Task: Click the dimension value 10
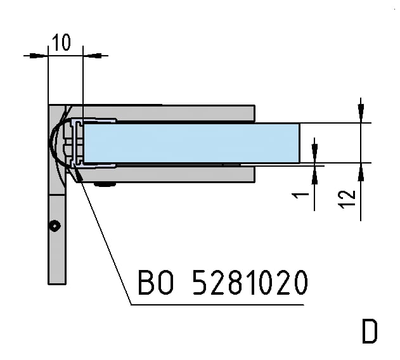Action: coord(61,42)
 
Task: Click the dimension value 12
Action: coord(347,199)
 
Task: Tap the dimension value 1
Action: coord(300,195)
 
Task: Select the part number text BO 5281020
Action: coord(223,283)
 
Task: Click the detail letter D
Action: coord(370,331)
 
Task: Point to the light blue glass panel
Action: coord(191,143)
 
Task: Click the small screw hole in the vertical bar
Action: coord(55,226)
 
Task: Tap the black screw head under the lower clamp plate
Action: coord(105,184)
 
